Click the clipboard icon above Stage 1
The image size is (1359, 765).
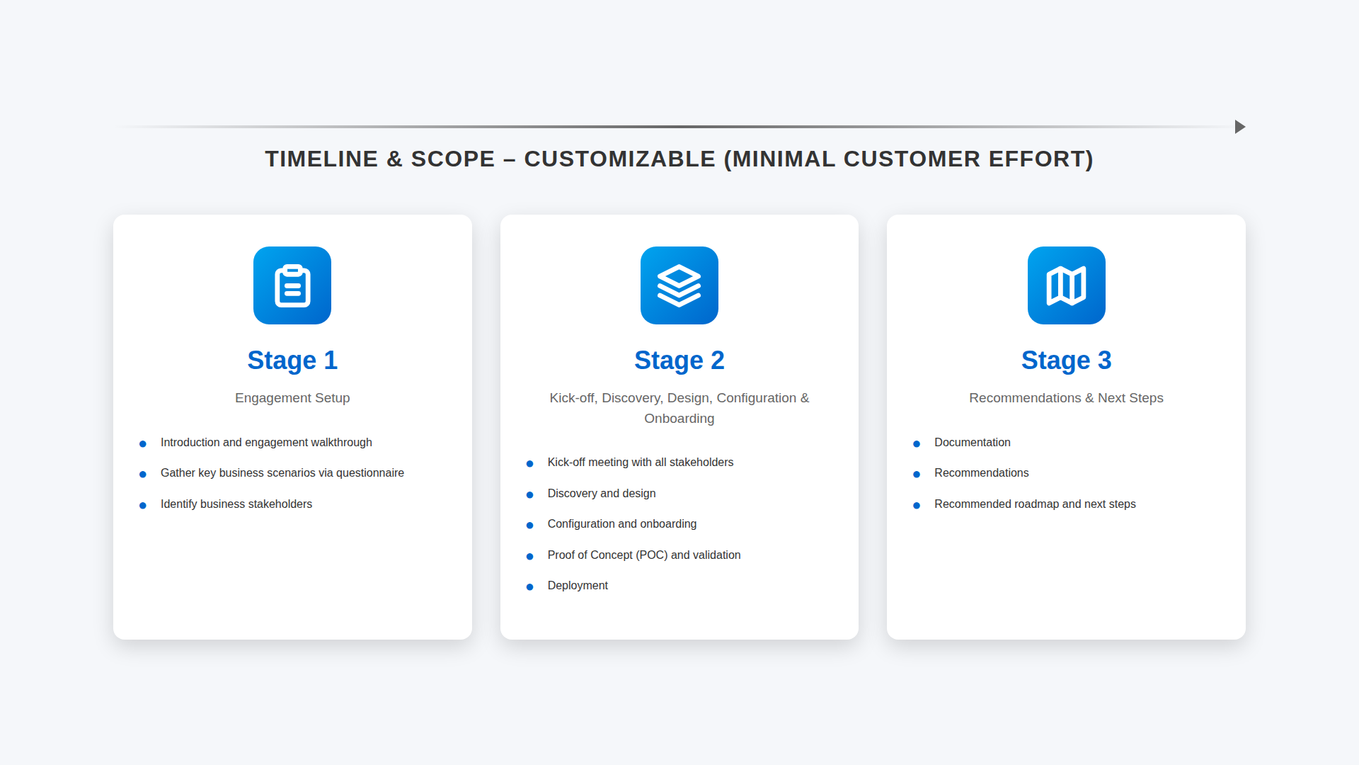click(292, 285)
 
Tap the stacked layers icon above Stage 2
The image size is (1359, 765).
click(679, 285)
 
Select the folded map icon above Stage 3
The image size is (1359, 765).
click(1067, 285)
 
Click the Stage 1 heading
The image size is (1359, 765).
click(292, 361)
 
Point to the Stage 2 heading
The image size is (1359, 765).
click(679, 361)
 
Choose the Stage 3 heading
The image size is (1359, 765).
click(1067, 361)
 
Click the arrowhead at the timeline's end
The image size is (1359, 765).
click(1240, 127)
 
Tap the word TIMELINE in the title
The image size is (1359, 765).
click(322, 159)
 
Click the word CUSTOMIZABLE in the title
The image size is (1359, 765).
click(620, 159)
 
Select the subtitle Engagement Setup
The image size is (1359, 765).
click(292, 398)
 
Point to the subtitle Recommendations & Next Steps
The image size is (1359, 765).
click(1067, 398)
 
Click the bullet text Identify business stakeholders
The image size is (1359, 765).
click(236, 504)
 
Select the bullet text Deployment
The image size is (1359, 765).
click(578, 586)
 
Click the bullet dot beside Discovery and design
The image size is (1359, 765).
click(529, 494)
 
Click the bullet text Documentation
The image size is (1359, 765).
click(973, 443)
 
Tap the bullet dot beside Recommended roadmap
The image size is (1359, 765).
click(917, 505)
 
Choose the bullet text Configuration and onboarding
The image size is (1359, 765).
click(622, 524)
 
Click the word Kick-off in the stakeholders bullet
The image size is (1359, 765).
click(566, 463)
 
